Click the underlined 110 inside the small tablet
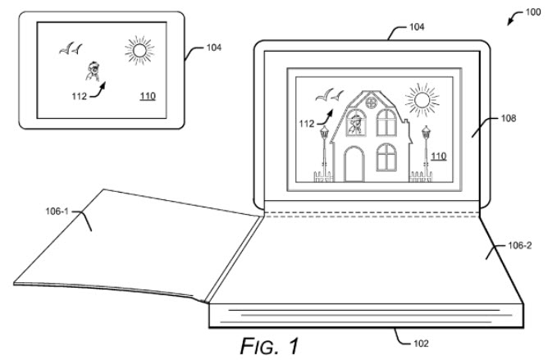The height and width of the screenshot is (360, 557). pos(148,96)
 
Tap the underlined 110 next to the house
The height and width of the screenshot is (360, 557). pos(439,156)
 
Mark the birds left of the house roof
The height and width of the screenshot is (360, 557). pos(330,97)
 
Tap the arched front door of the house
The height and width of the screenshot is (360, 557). pos(354,163)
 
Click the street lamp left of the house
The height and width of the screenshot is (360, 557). pos(325,148)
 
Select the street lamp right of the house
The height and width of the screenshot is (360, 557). pos(425,148)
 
